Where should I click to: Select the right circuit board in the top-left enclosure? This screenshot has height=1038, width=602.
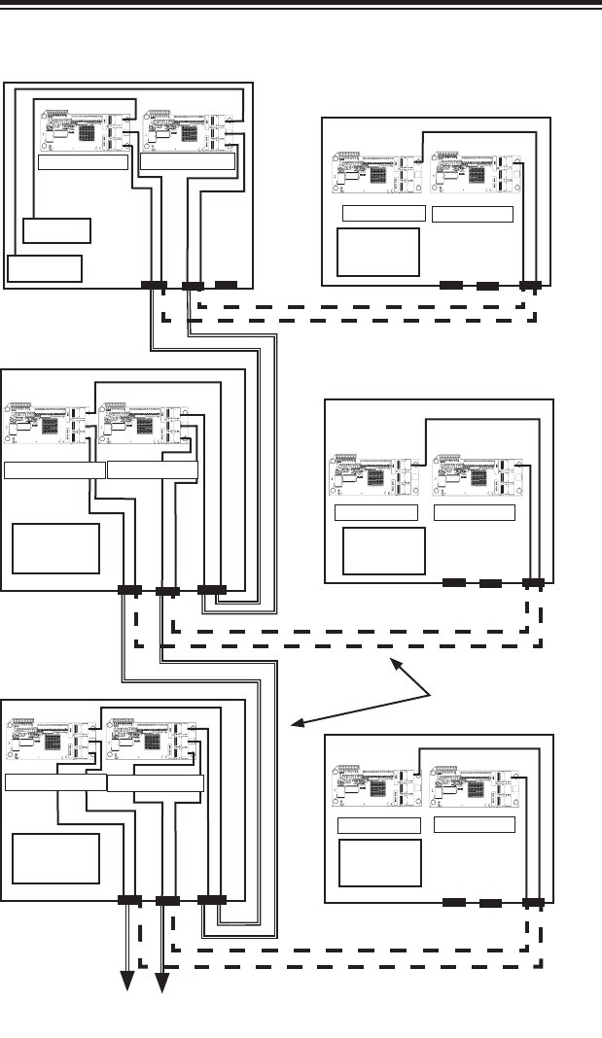(x=187, y=130)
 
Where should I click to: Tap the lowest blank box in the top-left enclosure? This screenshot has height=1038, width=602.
(x=45, y=268)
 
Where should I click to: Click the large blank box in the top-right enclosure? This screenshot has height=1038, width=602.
(x=377, y=252)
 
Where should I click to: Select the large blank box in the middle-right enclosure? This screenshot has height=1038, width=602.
(x=384, y=551)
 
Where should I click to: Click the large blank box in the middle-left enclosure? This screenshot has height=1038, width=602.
(x=56, y=548)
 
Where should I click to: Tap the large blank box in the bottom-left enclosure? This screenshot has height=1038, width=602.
(x=56, y=857)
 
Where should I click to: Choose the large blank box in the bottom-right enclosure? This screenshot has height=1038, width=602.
(x=379, y=863)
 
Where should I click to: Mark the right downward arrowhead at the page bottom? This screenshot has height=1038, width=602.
(x=161, y=987)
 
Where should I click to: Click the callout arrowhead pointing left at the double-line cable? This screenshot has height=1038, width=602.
(x=296, y=724)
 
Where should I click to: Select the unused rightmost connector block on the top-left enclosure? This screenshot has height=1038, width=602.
(x=226, y=285)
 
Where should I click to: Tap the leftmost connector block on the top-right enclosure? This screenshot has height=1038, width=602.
(x=451, y=286)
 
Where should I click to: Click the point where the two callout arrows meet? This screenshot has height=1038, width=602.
(x=431, y=690)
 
